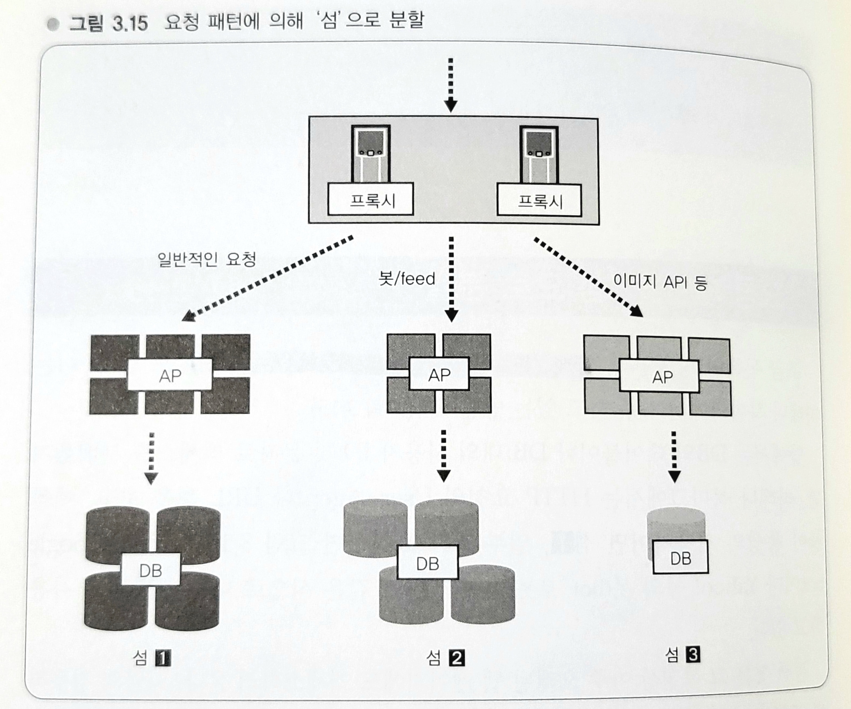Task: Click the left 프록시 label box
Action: click(370, 199)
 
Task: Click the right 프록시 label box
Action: click(539, 200)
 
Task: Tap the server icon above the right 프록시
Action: click(539, 155)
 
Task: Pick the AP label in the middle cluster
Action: click(439, 374)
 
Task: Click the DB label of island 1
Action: click(150, 570)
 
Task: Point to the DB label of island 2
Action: click(428, 563)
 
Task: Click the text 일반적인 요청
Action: click(206, 259)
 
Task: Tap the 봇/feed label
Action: click(406, 279)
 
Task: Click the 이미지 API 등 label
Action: click(660, 282)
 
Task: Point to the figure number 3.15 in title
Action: click(130, 23)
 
